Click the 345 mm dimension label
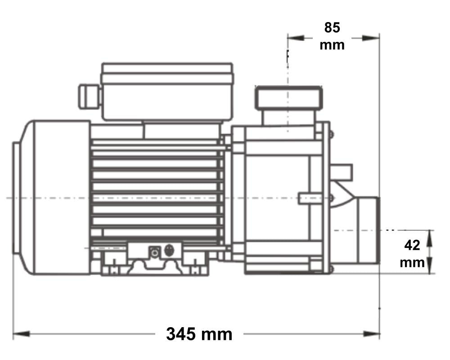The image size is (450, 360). click(199, 334)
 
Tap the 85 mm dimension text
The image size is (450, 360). click(332, 36)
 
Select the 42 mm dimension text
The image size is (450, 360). click(412, 254)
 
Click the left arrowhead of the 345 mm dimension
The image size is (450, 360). click(21, 334)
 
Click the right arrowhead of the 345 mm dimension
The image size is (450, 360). click(371, 334)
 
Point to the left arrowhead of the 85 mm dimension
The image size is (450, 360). click(296, 38)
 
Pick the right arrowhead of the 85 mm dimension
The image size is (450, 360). click(371, 38)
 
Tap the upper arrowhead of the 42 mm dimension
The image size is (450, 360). click(429, 238)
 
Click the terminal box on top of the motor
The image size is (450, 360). click(167, 91)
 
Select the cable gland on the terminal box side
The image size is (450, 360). click(90, 97)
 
